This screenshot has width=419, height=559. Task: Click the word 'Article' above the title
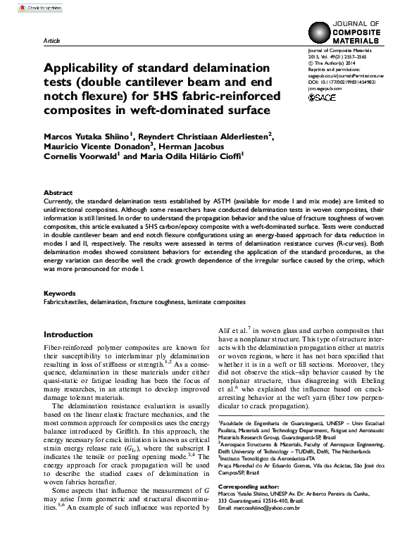click(52, 42)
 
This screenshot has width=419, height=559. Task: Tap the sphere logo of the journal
click(320, 33)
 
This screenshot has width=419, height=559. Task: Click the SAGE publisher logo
click(323, 98)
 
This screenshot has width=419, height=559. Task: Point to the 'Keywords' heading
click(59, 294)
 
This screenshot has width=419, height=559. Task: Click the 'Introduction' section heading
click(73, 334)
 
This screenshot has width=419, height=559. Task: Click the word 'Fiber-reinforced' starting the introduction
click(67, 348)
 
